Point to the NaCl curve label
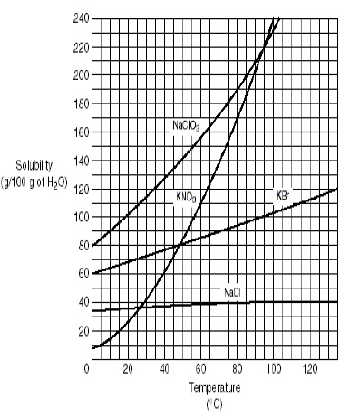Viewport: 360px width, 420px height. click(x=232, y=291)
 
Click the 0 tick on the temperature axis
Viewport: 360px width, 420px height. click(x=86, y=368)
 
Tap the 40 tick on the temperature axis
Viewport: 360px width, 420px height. click(x=165, y=368)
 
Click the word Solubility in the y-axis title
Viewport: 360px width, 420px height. click(x=35, y=164)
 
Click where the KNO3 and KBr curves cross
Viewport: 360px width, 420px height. click(x=180, y=245)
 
